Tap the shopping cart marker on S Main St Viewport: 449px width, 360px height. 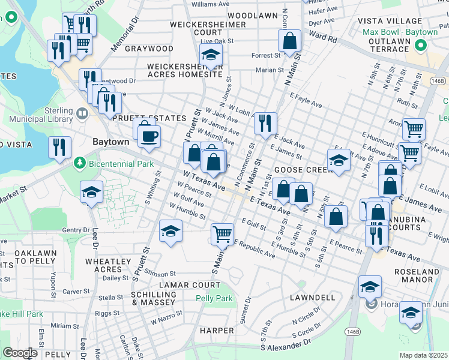click(222, 233)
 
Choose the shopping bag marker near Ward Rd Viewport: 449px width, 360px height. click(289, 41)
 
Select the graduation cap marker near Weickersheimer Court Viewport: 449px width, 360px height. click(211, 56)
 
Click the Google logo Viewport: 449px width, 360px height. click(20, 353)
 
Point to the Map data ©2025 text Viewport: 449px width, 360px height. click(423, 355)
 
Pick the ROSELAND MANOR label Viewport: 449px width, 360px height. click(417, 275)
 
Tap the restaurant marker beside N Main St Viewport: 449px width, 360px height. click(265, 123)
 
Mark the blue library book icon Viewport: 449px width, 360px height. click(82, 112)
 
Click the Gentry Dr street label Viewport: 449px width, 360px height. click(76, 230)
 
